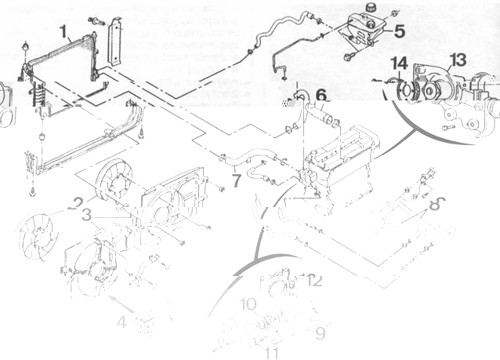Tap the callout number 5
399,31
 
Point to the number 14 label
399,64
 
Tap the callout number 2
76,202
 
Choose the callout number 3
87,213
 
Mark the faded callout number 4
122,321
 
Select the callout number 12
315,279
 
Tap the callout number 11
272,353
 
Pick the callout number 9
320,333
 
